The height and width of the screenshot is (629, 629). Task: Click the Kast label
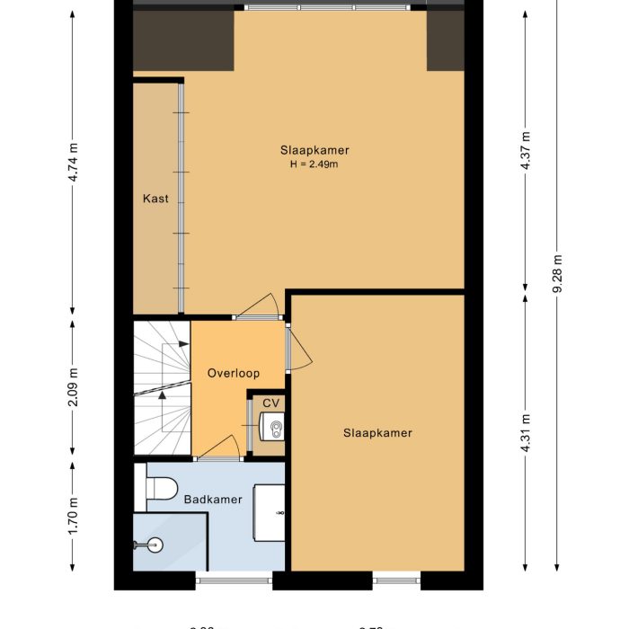tap(155, 199)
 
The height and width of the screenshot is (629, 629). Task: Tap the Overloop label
tap(234, 373)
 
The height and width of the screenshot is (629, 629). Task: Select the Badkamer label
tap(213, 500)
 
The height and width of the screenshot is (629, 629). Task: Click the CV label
tap(270, 403)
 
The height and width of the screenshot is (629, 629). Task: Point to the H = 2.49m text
tap(314, 164)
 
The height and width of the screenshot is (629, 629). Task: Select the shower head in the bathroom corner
tap(153, 545)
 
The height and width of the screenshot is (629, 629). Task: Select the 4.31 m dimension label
tap(527, 433)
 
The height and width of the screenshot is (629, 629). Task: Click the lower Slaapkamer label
tap(377, 433)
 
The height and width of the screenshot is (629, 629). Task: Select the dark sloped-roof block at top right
tap(445, 41)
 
